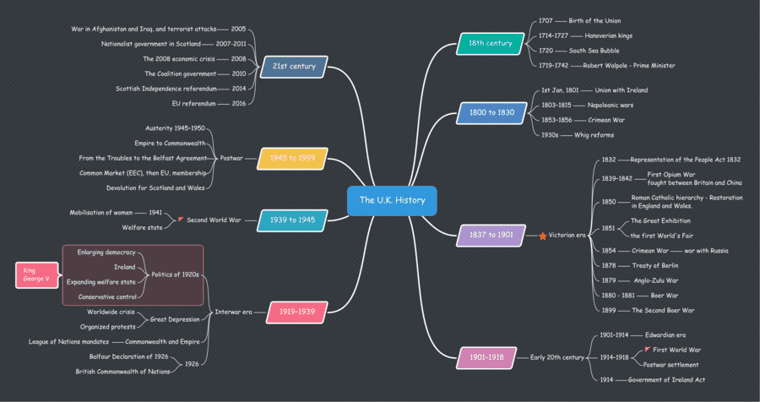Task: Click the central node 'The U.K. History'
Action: pyautogui.click(x=392, y=200)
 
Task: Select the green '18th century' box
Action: pyautogui.click(x=490, y=43)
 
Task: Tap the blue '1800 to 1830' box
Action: pyautogui.click(x=492, y=111)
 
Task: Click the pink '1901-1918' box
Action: pyautogui.click(x=486, y=357)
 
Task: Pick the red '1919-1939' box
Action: pyautogui.click(x=297, y=312)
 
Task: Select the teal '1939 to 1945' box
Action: pyautogui.click(x=292, y=220)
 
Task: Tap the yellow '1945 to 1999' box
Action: pyautogui.click(x=292, y=158)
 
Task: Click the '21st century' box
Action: pyautogui.click(x=295, y=66)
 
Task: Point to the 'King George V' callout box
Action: pyautogui.click(x=38, y=275)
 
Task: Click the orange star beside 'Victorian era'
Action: pyautogui.click(x=543, y=236)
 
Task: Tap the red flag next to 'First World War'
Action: pyautogui.click(x=647, y=349)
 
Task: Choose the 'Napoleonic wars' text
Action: pyautogui.click(x=610, y=105)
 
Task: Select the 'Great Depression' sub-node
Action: pyautogui.click(x=174, y=319)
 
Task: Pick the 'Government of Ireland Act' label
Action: pyautogui.click(x=666, y=379)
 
